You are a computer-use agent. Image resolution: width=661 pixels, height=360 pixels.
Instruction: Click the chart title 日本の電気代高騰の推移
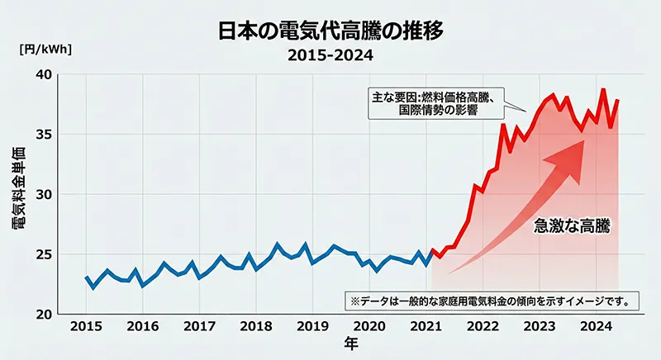[x=330, y=32]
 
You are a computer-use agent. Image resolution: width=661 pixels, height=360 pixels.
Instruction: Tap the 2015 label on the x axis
[x=86, y=326]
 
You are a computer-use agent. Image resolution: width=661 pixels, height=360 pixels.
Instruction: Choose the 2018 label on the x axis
[x=257, y=326]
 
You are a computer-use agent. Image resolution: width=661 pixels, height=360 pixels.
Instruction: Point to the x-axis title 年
[x=352, y=344]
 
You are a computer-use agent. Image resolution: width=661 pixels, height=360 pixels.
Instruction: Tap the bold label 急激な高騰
[x=572, y=226]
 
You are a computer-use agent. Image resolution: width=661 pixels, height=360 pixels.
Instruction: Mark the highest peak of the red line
[x=603, y=89]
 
